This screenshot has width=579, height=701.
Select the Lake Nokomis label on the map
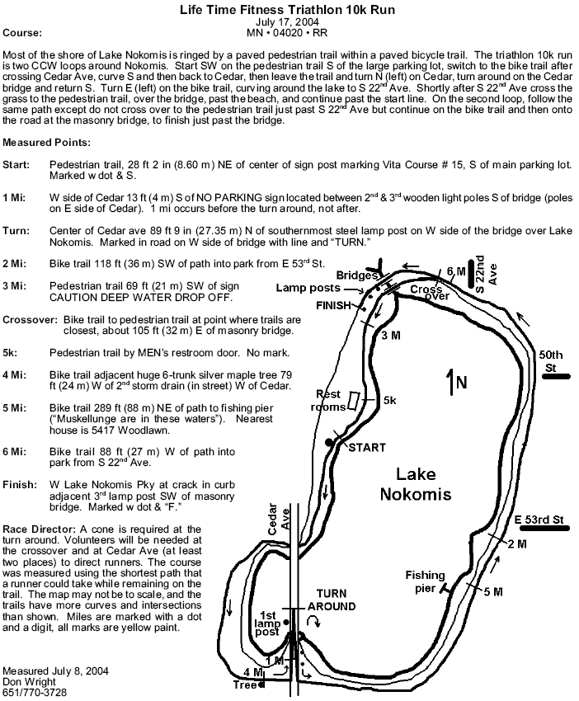pos(424,484)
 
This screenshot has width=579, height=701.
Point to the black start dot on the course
pos(329,443)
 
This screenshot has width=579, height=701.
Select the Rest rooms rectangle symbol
pos(353,401)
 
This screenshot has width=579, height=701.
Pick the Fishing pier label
pos(424,581)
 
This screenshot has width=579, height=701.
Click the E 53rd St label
pos(538,520)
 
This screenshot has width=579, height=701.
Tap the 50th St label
pos(550,360)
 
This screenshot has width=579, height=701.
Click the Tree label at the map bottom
pos(243,685)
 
